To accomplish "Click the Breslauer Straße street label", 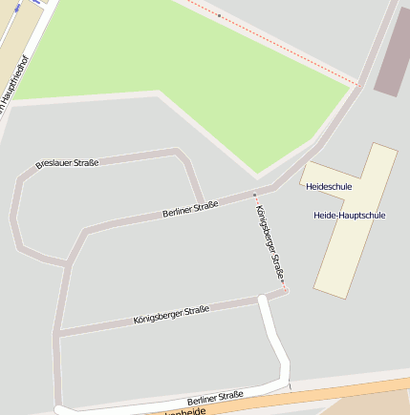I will (67, 164).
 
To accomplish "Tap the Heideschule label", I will (329, 186).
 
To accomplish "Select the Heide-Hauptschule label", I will (349, 216).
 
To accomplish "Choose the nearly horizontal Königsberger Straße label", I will (171, 315).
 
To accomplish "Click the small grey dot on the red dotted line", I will (219, 15).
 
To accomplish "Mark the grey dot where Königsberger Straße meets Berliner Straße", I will (254, 195).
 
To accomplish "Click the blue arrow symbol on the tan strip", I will (34, 3).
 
